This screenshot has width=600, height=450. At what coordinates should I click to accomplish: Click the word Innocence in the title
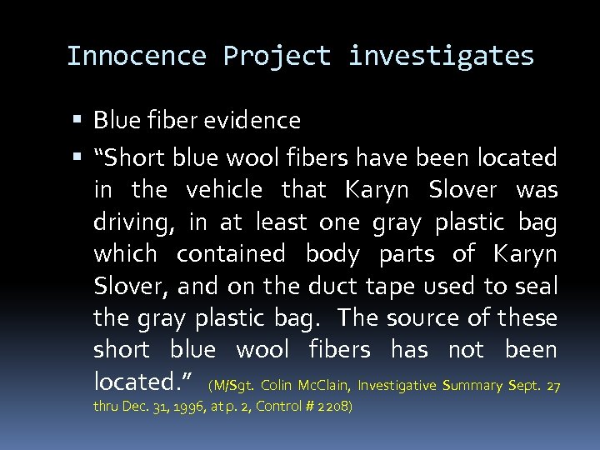[136, 56]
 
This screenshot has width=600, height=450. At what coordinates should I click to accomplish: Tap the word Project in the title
[277, 56]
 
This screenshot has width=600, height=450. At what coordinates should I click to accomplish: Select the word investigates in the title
[441, 56]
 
